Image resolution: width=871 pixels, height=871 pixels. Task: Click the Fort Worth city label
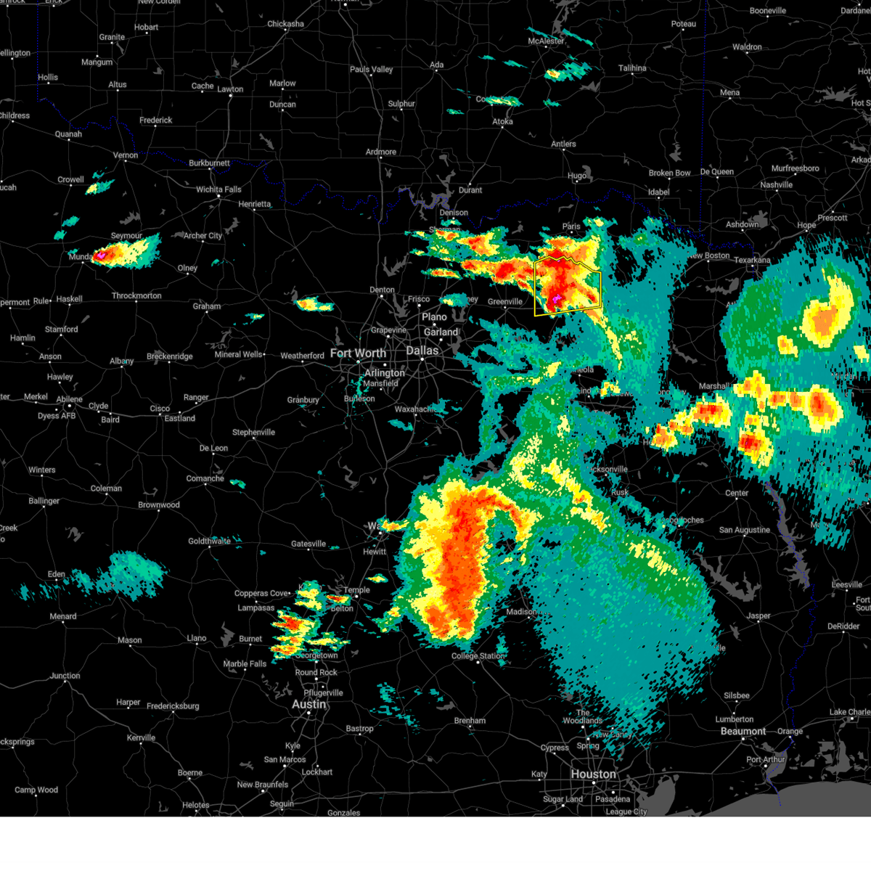tap(358, 353)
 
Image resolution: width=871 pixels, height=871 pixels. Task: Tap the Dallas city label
tap(422, 351)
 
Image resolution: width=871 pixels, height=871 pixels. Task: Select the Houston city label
tap(593, 774)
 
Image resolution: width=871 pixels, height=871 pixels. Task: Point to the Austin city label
tap(308, 704)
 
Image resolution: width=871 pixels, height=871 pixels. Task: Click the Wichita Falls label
tap(218, 189)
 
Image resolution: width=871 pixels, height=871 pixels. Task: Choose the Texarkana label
tap(752, 260)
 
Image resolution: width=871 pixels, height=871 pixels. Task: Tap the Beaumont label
tap(743, 731)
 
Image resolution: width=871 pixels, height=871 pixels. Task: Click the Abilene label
tap(70, 399)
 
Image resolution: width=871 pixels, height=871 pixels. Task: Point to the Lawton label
tap(230, 89)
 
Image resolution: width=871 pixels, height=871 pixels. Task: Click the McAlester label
tap(546, 41)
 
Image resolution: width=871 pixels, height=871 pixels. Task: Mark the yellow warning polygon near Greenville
tap(568, 286)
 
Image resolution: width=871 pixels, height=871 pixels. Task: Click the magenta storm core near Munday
tap(100, 255)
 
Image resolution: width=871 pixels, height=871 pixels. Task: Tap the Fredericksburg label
tap(173, 706)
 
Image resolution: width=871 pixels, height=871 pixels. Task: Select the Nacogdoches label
tap(682, 520)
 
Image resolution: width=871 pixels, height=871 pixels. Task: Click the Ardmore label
tap(381, 152)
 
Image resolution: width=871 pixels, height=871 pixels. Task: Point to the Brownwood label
tap(159, 505)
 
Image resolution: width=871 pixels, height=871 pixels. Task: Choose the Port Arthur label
tap(766, 760)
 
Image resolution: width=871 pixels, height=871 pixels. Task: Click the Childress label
tap(15, 115)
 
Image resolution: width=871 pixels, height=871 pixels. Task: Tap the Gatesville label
tap(308, 544)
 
